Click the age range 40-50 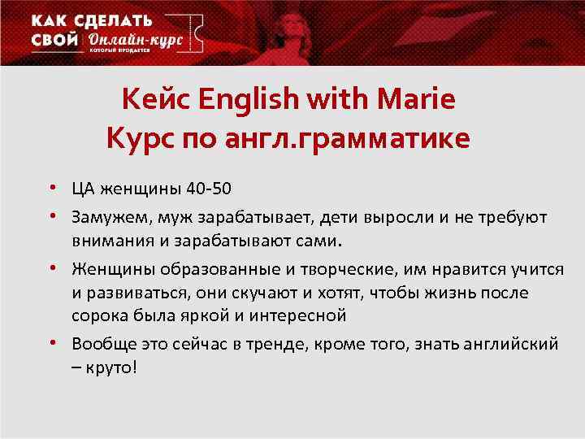click(x=209, y=189)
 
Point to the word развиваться click(x=132, y=292)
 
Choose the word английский click(x=513, y=343)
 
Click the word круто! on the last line click(x=110, y=366)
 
